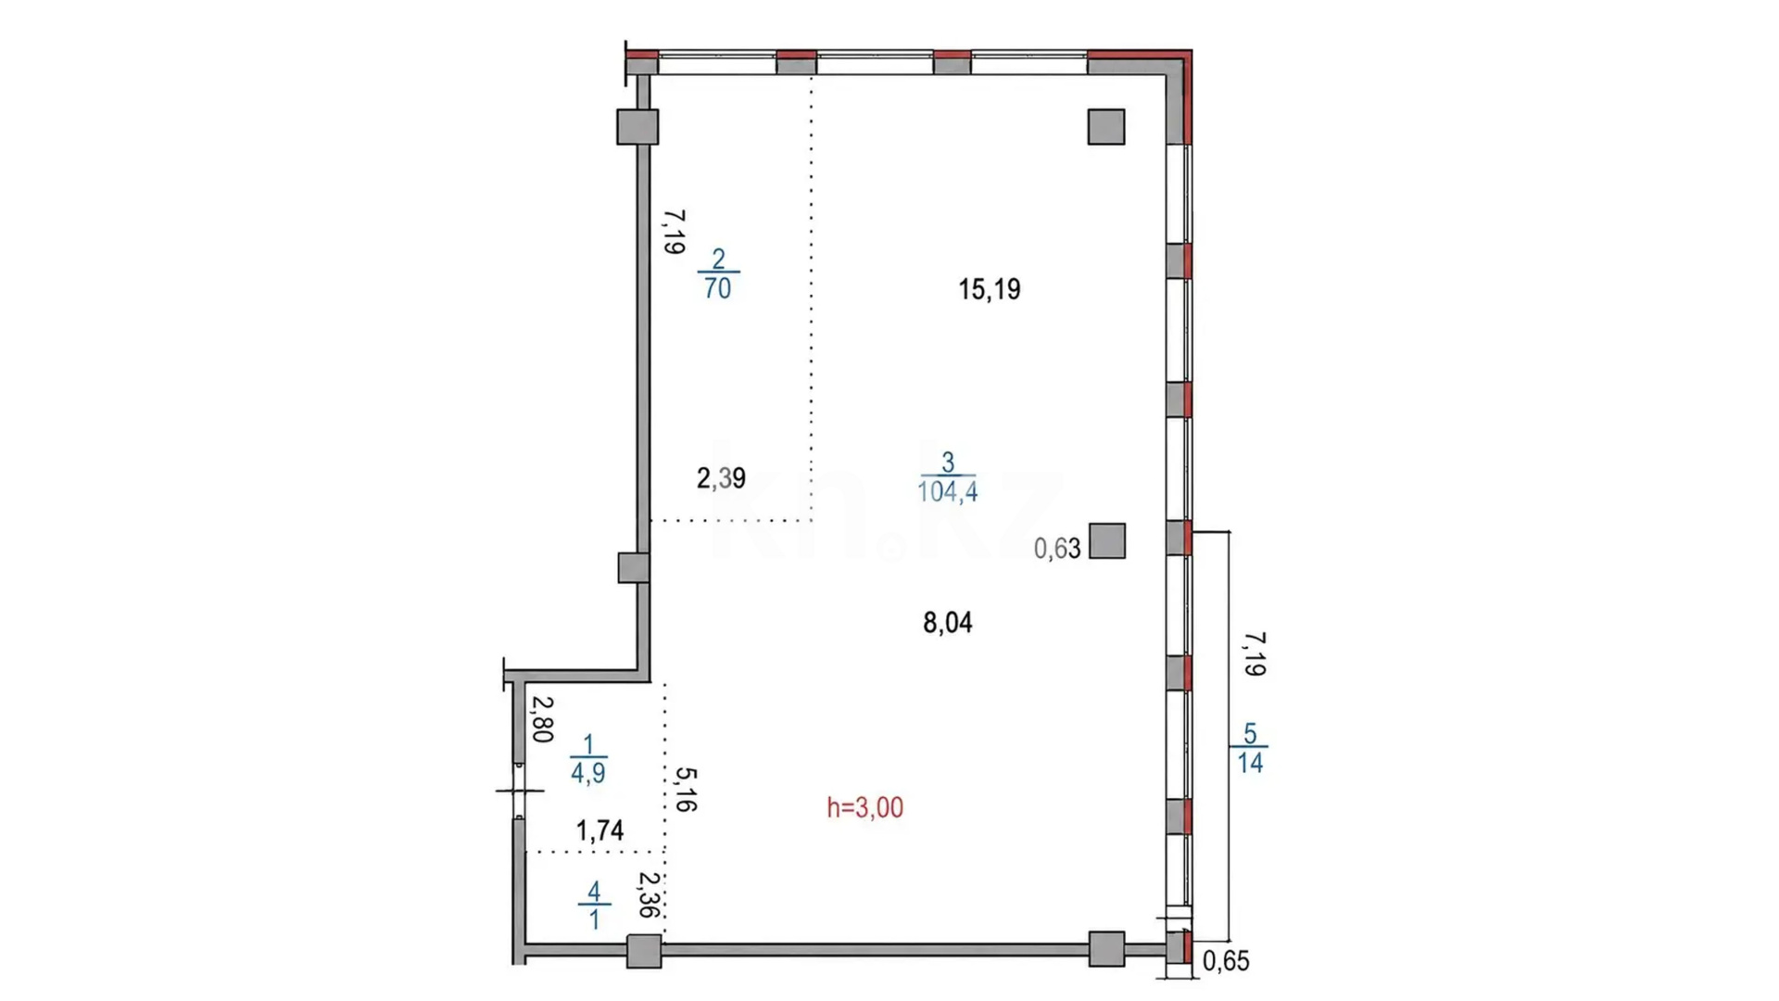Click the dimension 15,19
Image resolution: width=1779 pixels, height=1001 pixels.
[x=989, y=289]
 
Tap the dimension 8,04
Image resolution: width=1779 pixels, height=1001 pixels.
[x=947, y=623]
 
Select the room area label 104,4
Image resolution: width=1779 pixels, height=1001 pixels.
[x=947, y=491]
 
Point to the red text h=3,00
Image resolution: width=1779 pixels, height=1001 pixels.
[x=864, y=807]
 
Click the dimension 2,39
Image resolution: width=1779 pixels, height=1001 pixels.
[x=721, y=478]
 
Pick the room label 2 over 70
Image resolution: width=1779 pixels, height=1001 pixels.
[x=718, y=273]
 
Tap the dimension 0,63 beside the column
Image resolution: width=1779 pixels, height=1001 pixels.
[x=1057, y=549]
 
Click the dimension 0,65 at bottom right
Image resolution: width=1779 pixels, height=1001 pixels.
[x=1226, y=961]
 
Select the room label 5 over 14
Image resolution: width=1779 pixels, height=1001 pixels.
[x=1250, y=748]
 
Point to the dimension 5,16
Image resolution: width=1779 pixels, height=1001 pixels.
[x=686, y=790]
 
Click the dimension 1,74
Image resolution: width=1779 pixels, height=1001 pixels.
[x=599, y=830]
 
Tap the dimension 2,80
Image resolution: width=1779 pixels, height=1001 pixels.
[x=542, y=719]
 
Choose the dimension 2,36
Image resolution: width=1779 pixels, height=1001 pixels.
[x=650, y=894]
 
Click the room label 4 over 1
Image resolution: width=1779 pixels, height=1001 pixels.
[x=594, y=906]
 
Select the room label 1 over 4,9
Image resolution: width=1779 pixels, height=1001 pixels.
[x=588, y=759]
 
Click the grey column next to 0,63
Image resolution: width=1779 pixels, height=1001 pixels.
[x=1107, y=541]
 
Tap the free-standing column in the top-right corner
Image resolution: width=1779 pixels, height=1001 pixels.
[x=1106, y=127]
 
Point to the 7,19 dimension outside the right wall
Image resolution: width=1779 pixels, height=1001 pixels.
[x=1255, y=654]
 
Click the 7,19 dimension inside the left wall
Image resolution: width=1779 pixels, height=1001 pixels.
[x=674, y=232]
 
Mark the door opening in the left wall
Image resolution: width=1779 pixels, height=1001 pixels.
[x=519, y=791]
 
